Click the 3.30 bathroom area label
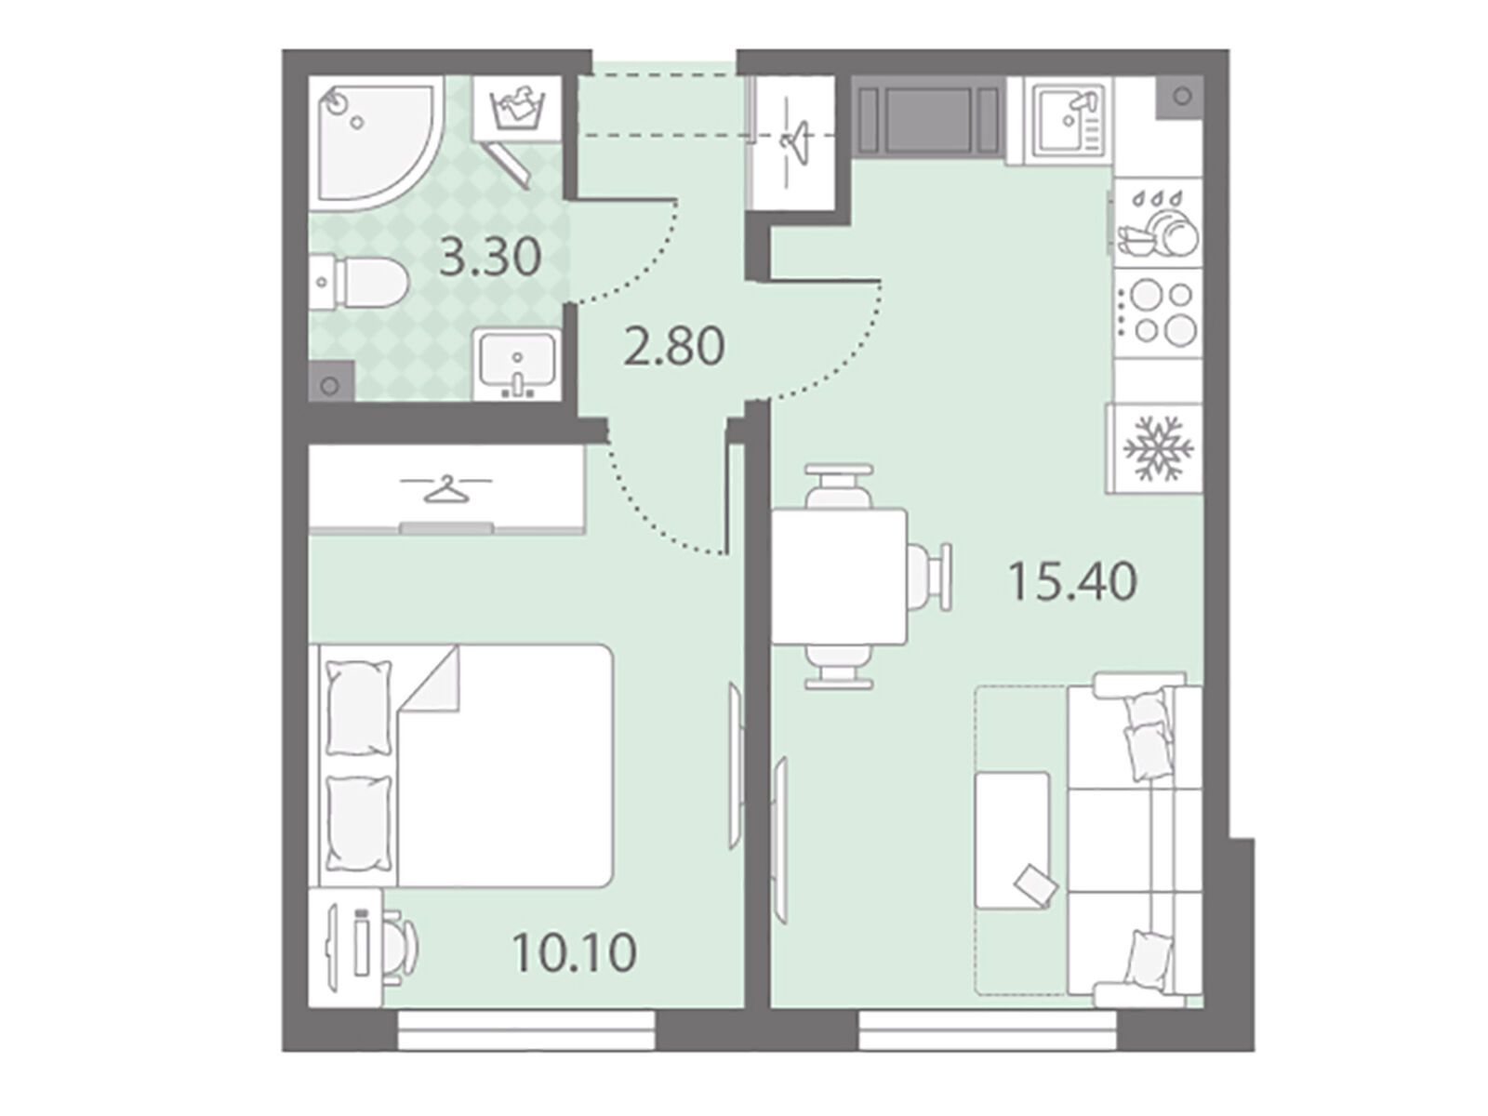tap(489, 258)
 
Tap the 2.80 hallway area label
tap(674, 346)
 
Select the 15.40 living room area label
tap(1073, 582)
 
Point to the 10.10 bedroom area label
tap(575, 952)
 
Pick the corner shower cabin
tap(377, 142)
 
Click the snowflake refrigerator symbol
tap(1159, 448)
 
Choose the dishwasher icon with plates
tap(1159, 222)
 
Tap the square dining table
tap(839, 577)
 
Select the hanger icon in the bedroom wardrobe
tap(446, 488)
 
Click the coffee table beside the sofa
tap(1012, 841)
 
